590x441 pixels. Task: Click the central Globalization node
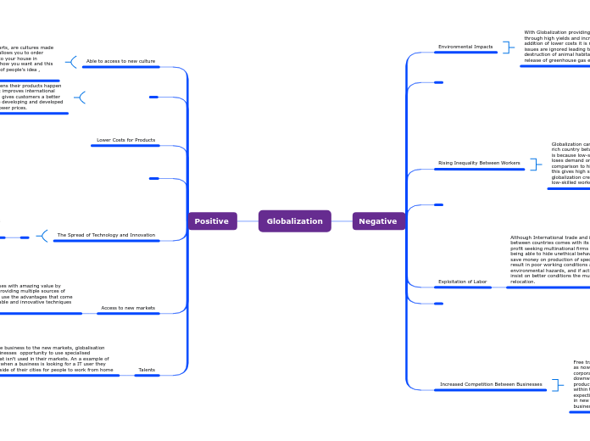coord(294,221)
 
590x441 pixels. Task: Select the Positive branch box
coord(212,221)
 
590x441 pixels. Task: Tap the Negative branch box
coord(378,221)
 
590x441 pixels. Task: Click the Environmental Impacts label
coord(465,47)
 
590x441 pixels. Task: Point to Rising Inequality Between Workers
coord(479,163)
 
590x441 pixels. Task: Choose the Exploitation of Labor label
coord(462,282)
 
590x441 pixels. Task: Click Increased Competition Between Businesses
coord(491,384)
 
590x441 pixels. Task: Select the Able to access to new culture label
coord(121,61)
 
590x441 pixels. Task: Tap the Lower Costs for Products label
coord(125,140)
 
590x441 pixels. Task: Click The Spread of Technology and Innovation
coord(106,235)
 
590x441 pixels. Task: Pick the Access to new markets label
coord(128,308)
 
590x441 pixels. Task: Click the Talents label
coord(147,370)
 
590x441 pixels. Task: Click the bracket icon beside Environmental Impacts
coord(506,47)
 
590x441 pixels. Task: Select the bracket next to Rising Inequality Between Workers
coord(534,164)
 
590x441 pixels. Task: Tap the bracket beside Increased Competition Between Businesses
coord(556,385)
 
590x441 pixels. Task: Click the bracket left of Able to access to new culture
coord(72,62)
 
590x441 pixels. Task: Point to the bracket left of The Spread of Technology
coord(42,236)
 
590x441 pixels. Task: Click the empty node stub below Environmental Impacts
coord(438,82)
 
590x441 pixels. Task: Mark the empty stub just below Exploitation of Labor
coord(438,303)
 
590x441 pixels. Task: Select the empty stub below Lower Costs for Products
coord(153,178)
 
